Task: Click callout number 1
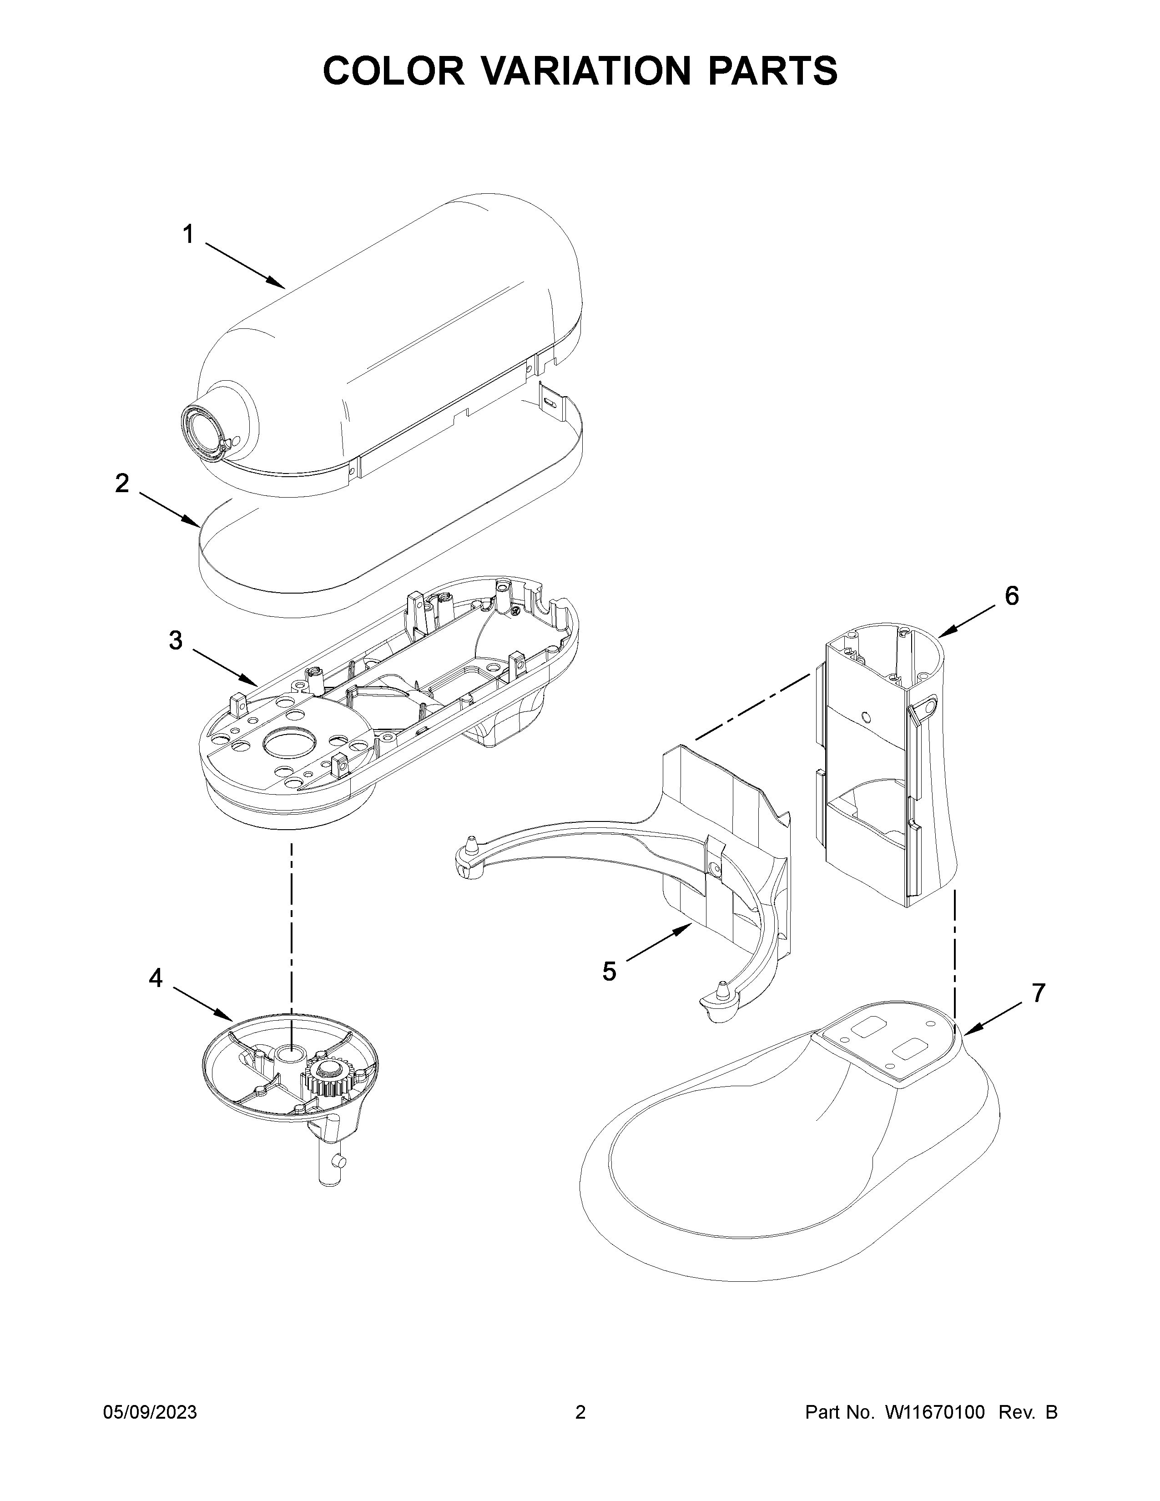pos(187,235)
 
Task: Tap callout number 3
pos(176,640)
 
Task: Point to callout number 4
pos(156,978)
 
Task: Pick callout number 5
pos(609,972)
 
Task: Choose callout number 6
pos(1012,596)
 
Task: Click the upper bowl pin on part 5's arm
pos(471,844)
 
